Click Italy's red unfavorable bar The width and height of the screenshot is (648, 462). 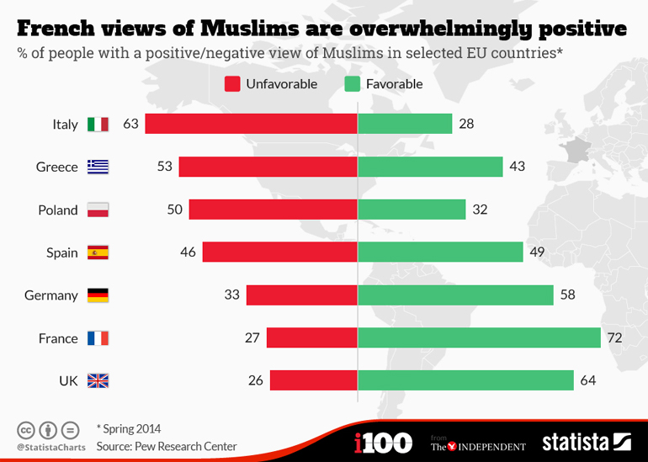(x=251, y=124)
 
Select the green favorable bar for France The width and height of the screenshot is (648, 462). (x=479, y=338)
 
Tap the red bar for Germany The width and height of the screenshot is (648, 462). (x=301, y=295)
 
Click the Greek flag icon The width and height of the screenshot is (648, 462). (x=98, y=167)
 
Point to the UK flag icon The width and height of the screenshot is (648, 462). (x=98, y=381)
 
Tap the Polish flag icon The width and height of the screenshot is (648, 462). (x=98, y=210)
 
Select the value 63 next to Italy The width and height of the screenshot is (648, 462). (x=130, y=124)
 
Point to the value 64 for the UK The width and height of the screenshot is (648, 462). (x=587, y=381)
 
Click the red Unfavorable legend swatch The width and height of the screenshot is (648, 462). (x=233, y=83)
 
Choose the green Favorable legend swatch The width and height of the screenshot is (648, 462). (x=353, y=83)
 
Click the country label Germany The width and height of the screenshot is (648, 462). (x=51, y=295)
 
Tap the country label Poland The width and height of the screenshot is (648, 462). (x=58, y=210)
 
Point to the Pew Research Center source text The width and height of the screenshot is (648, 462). (x=167, y=446)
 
